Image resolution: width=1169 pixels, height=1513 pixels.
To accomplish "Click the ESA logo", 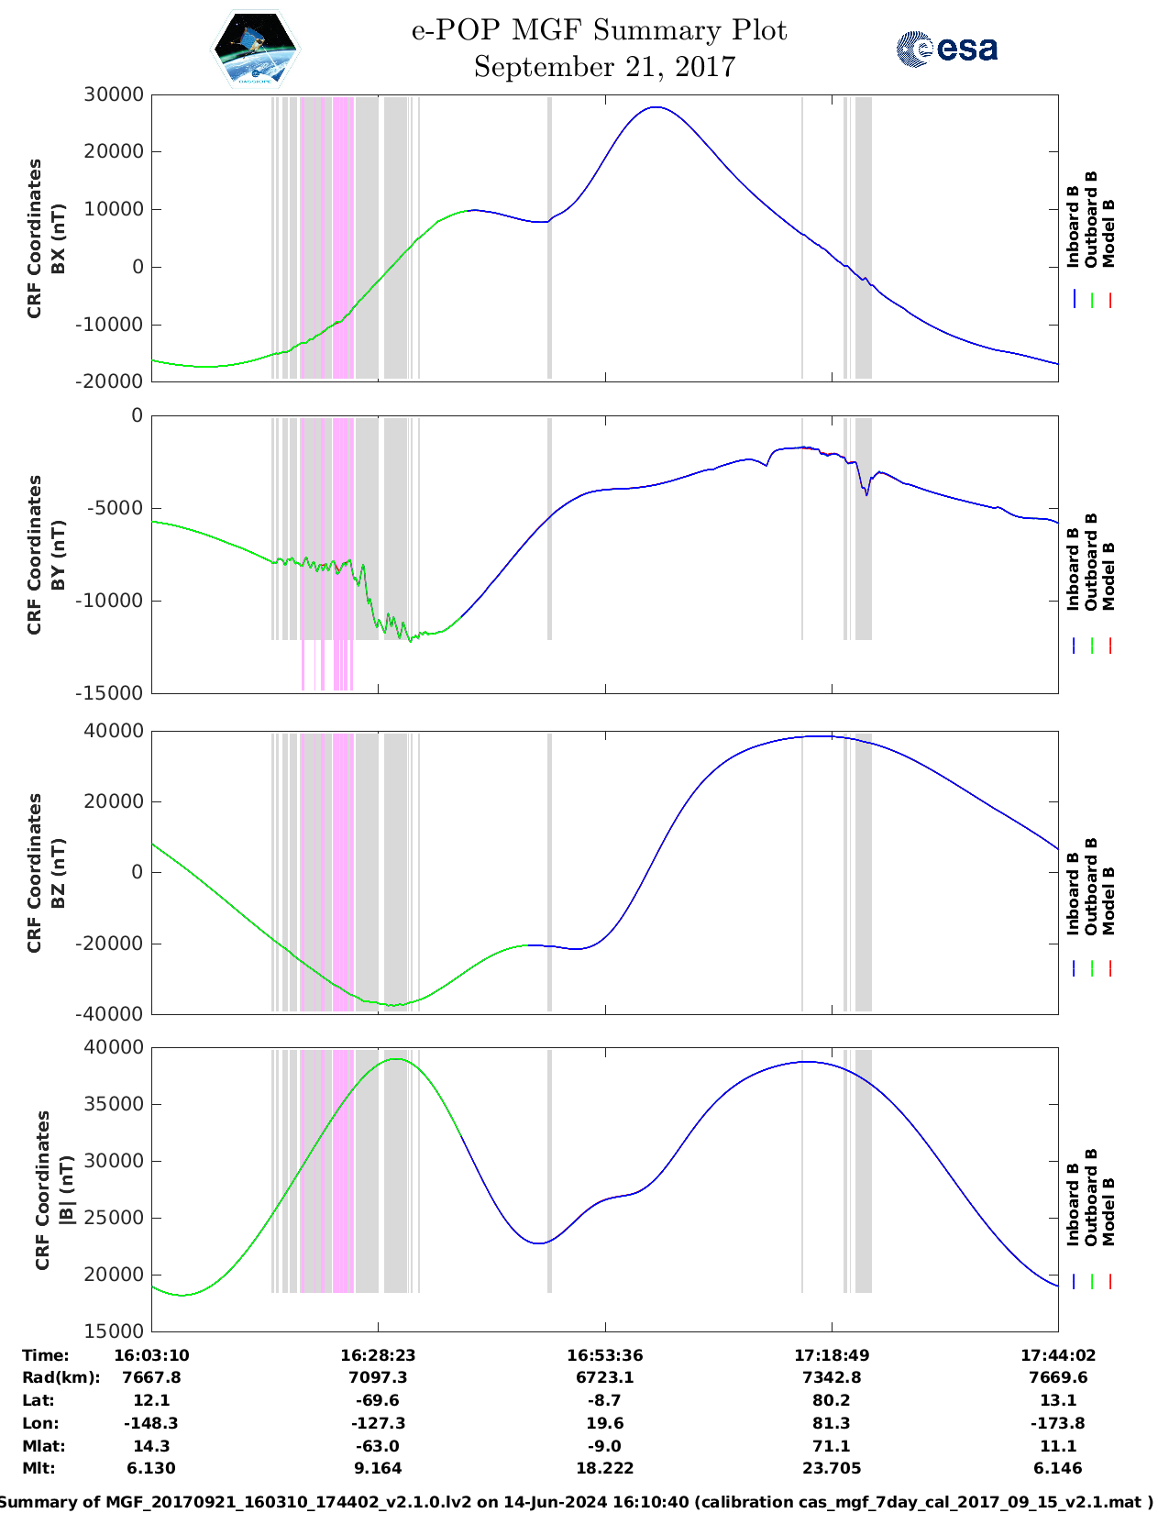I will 947,49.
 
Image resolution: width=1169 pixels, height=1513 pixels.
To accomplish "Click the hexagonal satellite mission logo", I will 256,49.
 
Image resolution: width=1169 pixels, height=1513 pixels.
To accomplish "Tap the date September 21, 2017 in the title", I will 604,67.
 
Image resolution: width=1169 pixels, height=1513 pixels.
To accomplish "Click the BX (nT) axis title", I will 59,238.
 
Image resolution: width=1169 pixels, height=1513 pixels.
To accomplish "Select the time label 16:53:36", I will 604,1355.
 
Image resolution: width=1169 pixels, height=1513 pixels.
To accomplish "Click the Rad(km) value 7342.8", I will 832,1377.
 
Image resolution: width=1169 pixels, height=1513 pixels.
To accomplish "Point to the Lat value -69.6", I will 378,1400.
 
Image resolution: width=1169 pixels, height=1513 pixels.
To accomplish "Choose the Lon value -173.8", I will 1058,1423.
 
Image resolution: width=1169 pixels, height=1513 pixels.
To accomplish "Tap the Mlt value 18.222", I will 604,1468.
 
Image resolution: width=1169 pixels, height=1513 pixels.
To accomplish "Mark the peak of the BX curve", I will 656,107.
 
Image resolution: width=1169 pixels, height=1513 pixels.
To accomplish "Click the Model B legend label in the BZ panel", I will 1108,900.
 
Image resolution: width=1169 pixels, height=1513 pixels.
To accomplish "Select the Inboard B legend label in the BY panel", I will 1073,576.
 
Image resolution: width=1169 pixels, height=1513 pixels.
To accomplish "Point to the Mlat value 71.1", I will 832,1446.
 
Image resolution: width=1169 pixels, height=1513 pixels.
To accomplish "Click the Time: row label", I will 46,1355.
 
